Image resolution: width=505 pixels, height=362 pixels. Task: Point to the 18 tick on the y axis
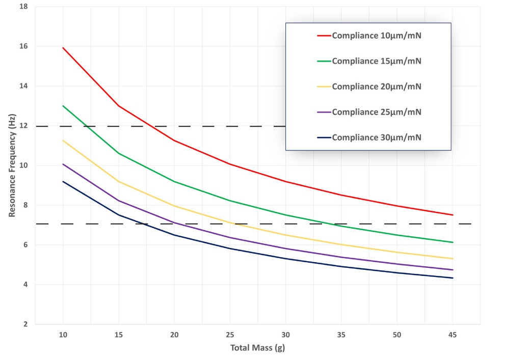click(x=24, y=7)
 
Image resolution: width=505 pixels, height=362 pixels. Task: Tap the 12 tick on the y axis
click(x=24, y=126)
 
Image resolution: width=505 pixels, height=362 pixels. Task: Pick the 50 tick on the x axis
click(x=397, y=335)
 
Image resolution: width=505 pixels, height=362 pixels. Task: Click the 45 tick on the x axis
click(x=453, y=335)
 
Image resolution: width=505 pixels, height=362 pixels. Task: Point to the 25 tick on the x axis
click(x=230, y=335)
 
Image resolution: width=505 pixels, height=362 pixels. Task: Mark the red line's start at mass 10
click(x=63, y=47)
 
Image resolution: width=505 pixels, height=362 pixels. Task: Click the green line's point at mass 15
click(x=119, y=153)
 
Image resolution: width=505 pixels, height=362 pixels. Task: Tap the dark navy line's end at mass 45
click(x=453, y=278)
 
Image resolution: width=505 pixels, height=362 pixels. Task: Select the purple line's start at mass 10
click(x=63, y=164)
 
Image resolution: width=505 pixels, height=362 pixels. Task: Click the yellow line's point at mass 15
click(x=119, y=182)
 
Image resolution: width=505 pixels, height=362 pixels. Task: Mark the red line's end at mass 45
click(x=453, y=215)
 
